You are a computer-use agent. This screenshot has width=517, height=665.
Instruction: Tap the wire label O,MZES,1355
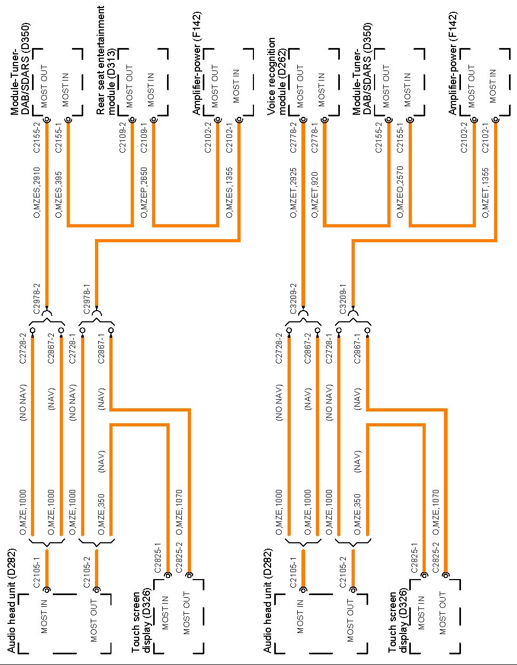pyautogui.click(x=229, y=193)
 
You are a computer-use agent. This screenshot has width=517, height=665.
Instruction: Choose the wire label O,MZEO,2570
pyautogui.click(x=400, y=193)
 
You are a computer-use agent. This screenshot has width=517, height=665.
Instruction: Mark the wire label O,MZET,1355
pyautogui.click(x=486, y=193)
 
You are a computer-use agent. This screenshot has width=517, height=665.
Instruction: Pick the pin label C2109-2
pyautogui.click(x=123, y=138)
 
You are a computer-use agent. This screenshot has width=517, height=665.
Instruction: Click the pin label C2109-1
pyautogui.click(x=144, y=138)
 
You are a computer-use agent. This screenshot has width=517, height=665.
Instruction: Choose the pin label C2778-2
pyautogui.click(x=293, y=138)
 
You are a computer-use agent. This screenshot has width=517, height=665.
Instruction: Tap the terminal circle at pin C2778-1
pyautogui.click(x=324, y=121)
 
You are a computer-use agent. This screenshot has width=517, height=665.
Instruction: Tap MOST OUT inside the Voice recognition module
pyautogui.click(x=300, y=86)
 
